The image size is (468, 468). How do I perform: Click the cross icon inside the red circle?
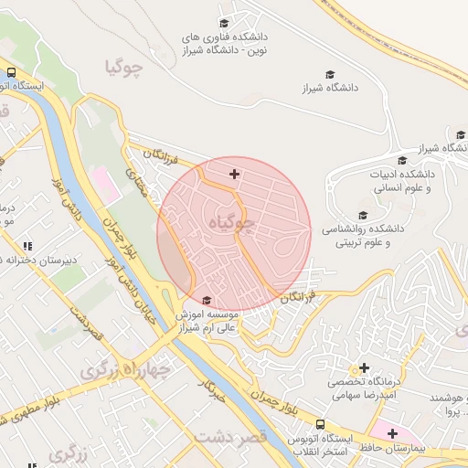click(235, 173)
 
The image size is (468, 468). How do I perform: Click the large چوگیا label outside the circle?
click(126, 67)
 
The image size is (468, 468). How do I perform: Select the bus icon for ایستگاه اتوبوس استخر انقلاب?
click(320, 425)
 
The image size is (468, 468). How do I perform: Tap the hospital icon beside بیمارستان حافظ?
click(392, 432)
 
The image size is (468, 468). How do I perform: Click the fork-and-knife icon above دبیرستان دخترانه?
click(27, 246)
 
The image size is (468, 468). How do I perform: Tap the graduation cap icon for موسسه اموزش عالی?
click(207, 300)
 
